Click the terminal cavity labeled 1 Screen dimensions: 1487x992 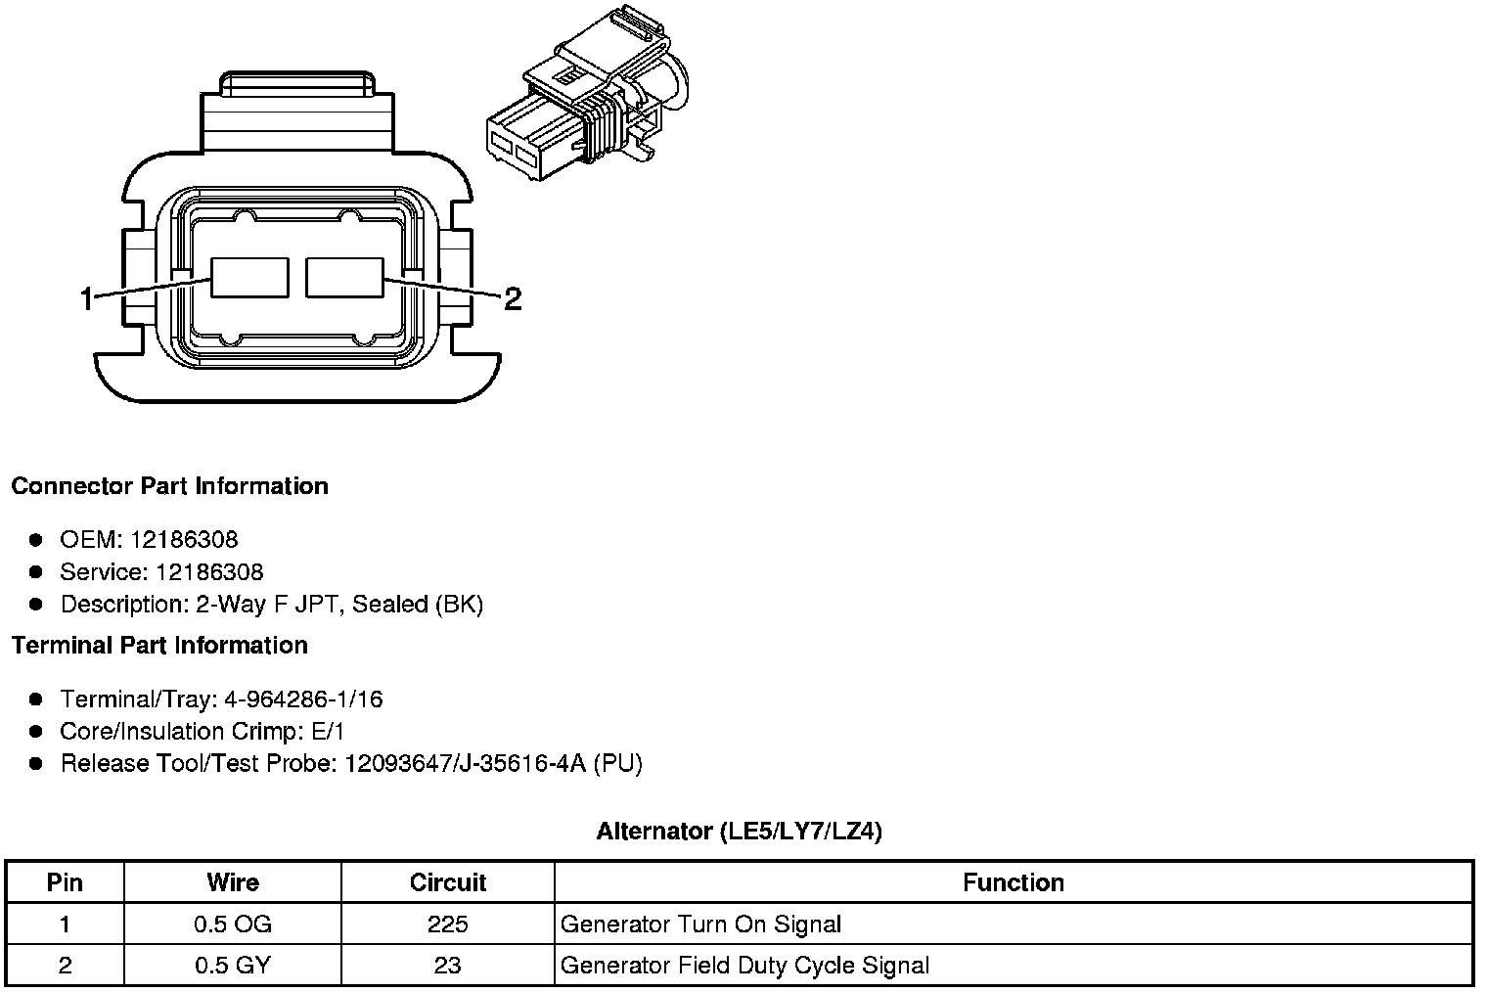click(x=250, y=278)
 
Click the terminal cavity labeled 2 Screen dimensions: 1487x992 click(x=344, y=277)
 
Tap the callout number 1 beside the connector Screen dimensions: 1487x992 click(x=87, y=298)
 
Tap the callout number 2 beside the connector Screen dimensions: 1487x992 click(x=512, y=298)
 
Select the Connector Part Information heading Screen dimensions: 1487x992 click(x=169, y=486)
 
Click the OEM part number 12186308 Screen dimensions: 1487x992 click(x=184, y=540)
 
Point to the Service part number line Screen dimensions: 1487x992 click(x=161, y=572)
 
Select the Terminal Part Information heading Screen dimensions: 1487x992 click(x=159, y=646)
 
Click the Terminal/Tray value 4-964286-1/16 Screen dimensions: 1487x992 click(x=303, y=699)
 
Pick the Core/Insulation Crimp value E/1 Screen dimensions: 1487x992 click(x=325, y=732)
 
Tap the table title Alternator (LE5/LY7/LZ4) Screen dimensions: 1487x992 click(x=739, y=832)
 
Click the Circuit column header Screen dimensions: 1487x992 click(x=448, y=882)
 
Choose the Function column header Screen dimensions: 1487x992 click(x=1013, y=882)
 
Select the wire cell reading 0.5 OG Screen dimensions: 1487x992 click(x=233, y=924)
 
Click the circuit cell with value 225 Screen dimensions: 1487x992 click(x=448, y=924)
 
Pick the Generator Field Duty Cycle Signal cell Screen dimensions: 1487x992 click(x=744, y=967)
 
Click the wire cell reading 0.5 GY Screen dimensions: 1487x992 click(x=233, y=967)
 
